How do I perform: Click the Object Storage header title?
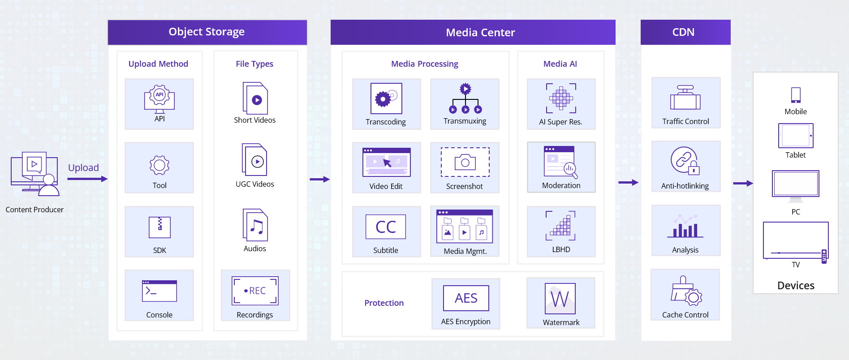point(207,32)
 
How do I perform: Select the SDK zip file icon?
point(159,227)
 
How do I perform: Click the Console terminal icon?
point(159,291)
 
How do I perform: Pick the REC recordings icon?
point(255,291)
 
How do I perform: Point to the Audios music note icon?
point(255,225)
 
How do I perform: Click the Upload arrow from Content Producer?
point(87,179)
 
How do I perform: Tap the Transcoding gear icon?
point(386,99)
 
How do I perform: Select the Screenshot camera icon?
point(465,162)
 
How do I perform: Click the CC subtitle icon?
point(386,227)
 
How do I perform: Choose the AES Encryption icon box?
point(466,298)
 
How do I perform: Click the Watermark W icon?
point(560,299)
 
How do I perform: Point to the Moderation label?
point(561,185)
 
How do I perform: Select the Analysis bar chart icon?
point(685,227)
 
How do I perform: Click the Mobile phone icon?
point(796,95)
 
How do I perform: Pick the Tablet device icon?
point(796,136)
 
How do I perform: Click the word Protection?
point(384,303)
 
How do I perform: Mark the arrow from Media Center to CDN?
point(628,182)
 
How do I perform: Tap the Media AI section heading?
point(560,64)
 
